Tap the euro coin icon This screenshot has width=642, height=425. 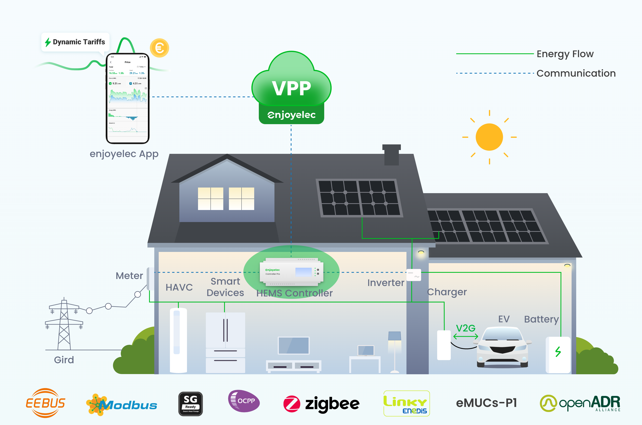[159, 48]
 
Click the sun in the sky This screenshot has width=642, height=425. [489, 137]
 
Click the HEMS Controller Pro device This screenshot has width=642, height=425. [292, 272]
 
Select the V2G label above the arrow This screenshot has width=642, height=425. [465, 328]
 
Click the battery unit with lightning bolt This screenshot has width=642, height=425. [558, 355]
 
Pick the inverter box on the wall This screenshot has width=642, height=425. [413, 275]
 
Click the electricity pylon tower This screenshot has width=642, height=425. [64, 324]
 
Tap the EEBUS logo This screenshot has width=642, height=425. [45, 403]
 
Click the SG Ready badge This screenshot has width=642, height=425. [190, 404]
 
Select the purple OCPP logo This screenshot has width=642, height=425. [244, 401]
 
